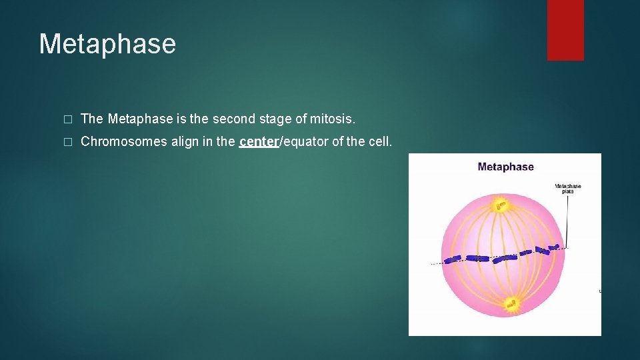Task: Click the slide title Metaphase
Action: click(x=107, y=44)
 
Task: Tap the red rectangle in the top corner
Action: click(x=565, y=29)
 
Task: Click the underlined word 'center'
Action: click(x=258, y=141)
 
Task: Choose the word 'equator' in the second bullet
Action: click(x=305, y=141)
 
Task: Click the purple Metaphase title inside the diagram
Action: click(x=505, y=167)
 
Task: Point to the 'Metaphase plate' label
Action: click(x=568, y=189)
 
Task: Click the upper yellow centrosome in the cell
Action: click(x=500, y=205)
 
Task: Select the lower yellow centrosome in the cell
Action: click(x=512, y=304)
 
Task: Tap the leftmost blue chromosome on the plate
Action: click(x=453, y=259)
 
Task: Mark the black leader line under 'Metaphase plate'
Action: click(x=567, y=220)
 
